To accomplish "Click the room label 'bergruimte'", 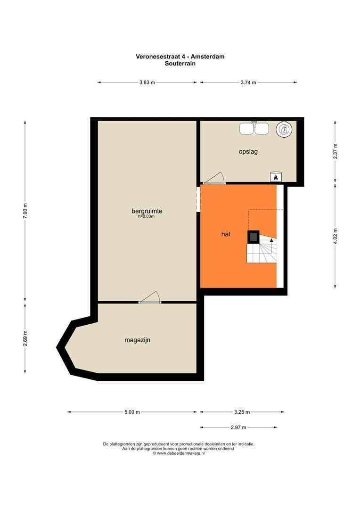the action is click(147, 211).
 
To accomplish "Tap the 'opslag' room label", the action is click(248, 152).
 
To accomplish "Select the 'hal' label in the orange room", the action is click(226, 234).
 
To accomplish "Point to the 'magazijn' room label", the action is click(137, 340).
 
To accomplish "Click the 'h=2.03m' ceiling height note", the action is click(147, 216).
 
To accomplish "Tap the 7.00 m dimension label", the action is click(25, 211).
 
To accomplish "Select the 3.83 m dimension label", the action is click(147, 82).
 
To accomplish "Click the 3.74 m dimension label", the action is click(248, 82).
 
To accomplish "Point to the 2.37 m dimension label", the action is click(335, 151).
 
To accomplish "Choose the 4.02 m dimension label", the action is click(335, 236).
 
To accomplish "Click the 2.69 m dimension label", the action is click(25, 338).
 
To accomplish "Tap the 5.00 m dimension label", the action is click(132, 412).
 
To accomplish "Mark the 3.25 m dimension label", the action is click(242, 412).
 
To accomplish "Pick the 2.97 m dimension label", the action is click(238, 427).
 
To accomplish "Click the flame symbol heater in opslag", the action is click(276, 177).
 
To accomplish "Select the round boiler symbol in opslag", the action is click(284, 129).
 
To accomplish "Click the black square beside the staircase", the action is click(254, 237).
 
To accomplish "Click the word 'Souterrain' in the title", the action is click(180, 63).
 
